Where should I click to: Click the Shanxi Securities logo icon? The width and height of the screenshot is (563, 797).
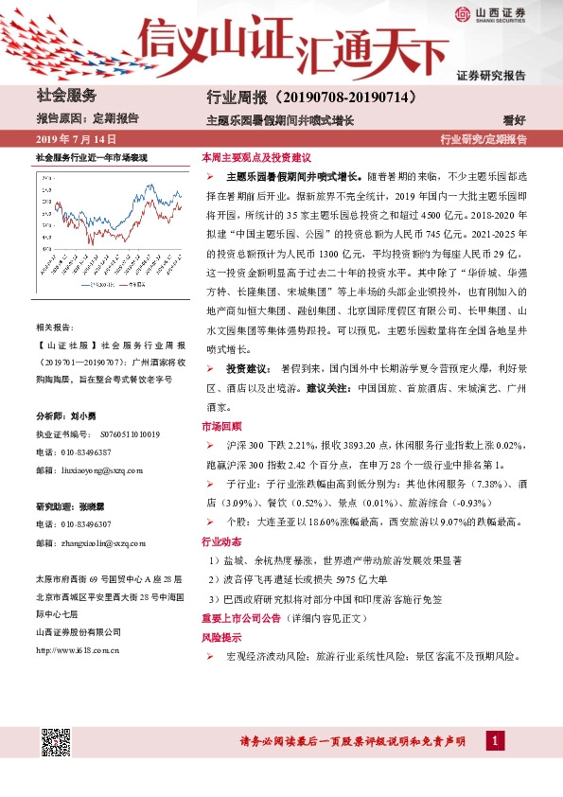[x=461, y=14]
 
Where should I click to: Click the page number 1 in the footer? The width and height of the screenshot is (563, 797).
[x=492, y=740]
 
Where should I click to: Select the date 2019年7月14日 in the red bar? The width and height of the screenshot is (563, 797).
[x=74, y=139]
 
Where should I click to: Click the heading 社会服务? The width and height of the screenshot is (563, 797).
[x=66, y=96]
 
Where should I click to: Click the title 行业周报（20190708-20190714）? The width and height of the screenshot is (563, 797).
[x=311, y=97]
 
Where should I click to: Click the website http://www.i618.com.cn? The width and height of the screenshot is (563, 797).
[x=77, y=649]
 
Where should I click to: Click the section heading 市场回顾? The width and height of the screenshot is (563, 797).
[x=222, y=426]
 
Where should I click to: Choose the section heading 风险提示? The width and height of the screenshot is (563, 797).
[x=222, y=637]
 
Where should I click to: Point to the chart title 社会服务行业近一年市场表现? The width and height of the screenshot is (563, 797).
[x=92, y=154]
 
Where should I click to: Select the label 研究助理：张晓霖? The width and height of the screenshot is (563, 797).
[x=70, y=505]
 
